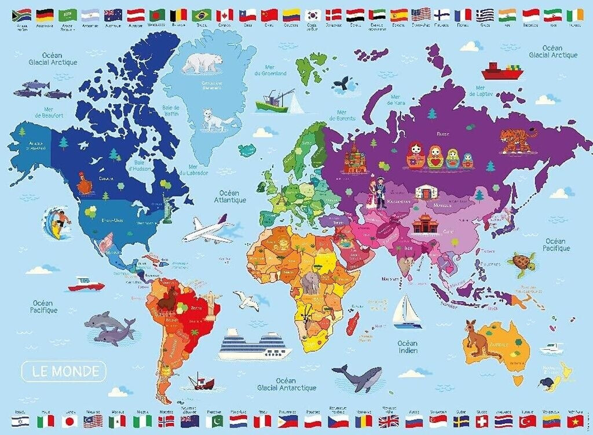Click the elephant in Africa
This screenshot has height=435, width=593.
(x=311, y=284)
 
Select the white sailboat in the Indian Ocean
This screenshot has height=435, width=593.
(x=407, y=311)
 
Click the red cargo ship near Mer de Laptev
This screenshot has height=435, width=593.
(x=502, y=71)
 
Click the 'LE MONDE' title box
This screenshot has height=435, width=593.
(x=64, y=371)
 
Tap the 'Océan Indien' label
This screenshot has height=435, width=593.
(x=407, y=347)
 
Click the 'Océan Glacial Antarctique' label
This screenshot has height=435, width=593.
(x=287, y=384)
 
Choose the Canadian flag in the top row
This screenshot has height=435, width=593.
(x=225, y=14)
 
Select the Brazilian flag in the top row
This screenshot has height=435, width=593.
(x=202, y=14)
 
